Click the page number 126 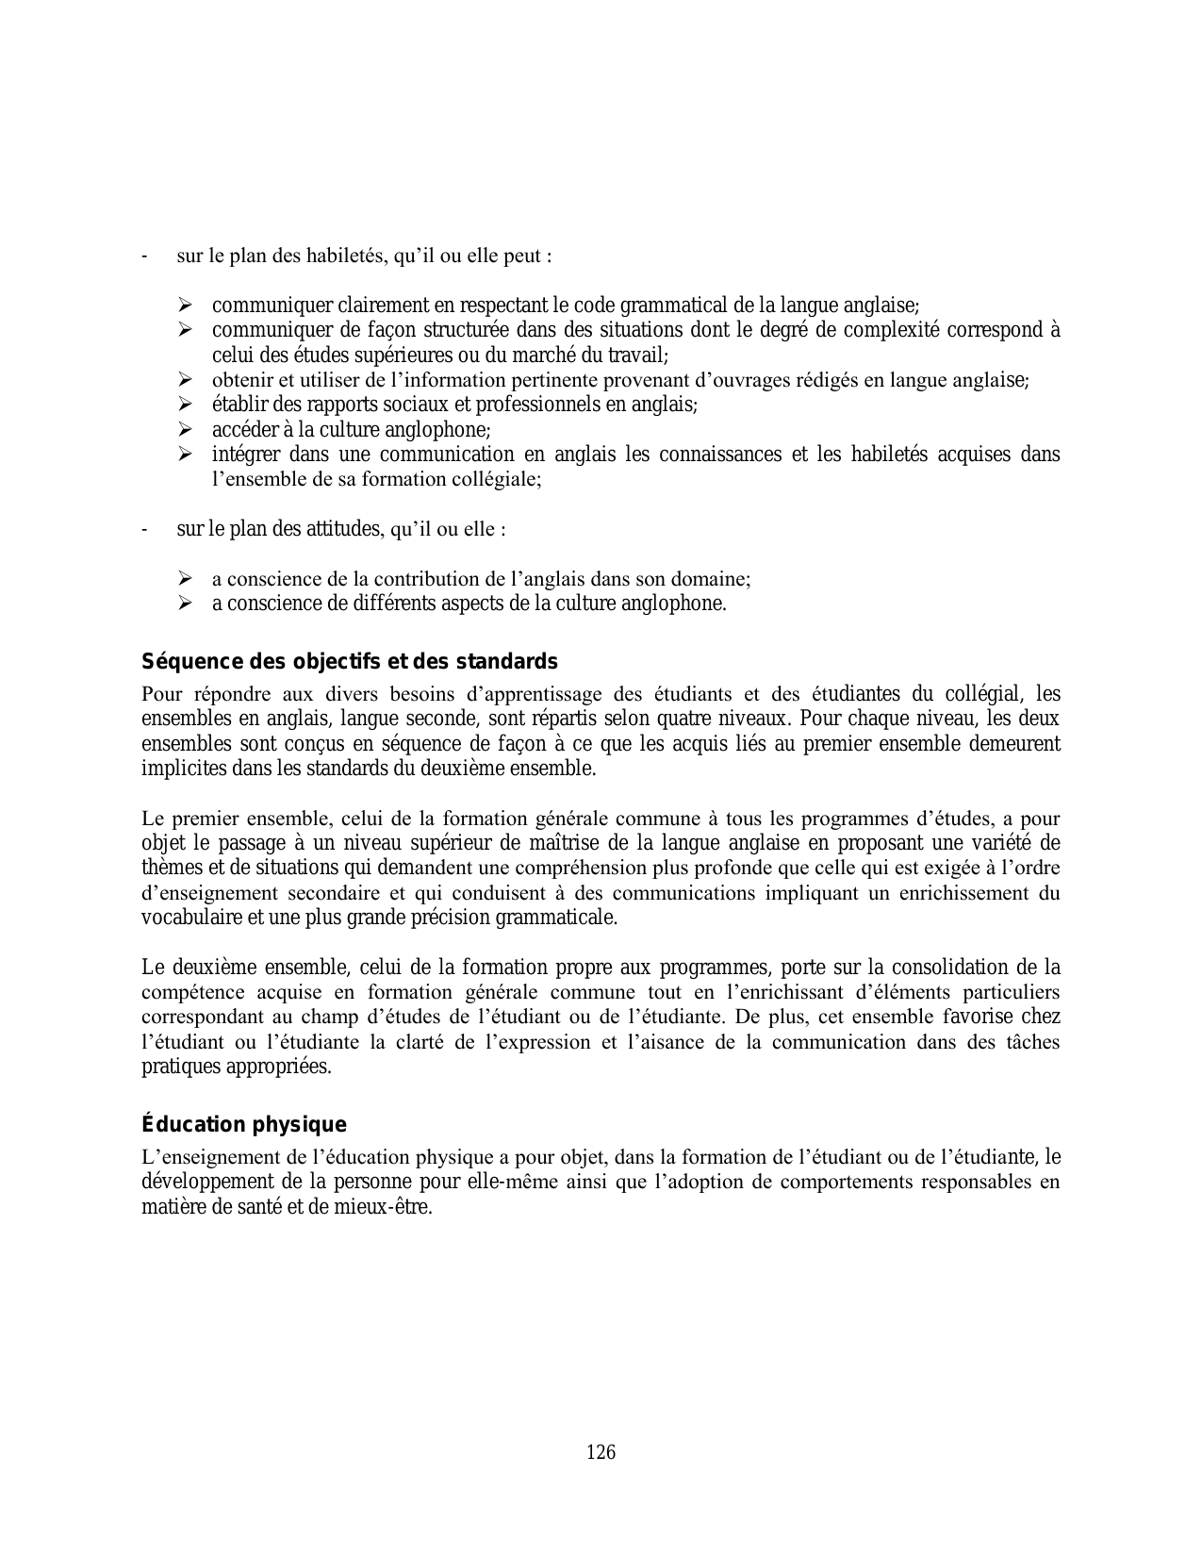[x=601, y=1452]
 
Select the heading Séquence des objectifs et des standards [x=349, y=661]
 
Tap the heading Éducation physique [x=243, y=1125]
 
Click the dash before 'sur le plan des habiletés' [x=143, y=257]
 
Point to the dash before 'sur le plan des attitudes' [x=143, y=529]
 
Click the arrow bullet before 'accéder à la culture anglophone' [x=184, y=430]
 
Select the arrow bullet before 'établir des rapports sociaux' [x=184, y=405]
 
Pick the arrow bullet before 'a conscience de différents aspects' [x=184, y=604]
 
